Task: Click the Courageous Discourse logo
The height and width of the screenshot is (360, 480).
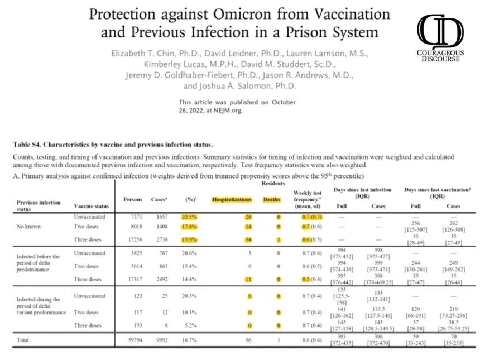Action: [x=441, y=39]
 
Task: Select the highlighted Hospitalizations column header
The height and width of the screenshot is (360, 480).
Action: [x=232, y=199]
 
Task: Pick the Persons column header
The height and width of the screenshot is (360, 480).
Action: [x=132, y=199]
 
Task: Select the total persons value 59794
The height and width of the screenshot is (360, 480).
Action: [x=132, y=339]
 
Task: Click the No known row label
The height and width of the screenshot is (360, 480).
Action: [x=28, y=228]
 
